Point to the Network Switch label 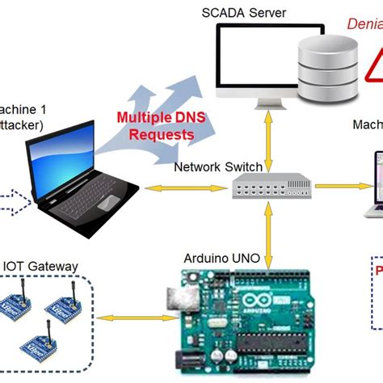pos(218,167)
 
